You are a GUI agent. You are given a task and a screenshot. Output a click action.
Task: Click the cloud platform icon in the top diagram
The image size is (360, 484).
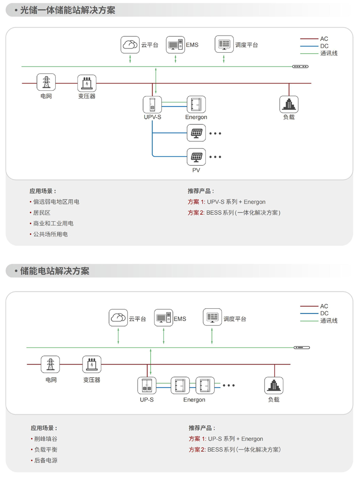click(130, 45)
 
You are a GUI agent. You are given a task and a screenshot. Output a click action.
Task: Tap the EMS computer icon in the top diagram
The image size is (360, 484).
click(175, 45)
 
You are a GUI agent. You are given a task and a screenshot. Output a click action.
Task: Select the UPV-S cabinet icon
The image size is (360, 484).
click(152, 105)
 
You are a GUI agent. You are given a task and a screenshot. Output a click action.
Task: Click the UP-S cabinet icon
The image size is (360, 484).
click(147, 386)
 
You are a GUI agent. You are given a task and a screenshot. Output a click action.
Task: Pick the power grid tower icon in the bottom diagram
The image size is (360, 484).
click(50, 365)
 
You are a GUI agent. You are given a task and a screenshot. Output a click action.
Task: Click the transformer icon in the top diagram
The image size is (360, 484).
click(87, 84)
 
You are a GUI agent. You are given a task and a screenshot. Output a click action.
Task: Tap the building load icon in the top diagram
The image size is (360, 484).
click(289, 105)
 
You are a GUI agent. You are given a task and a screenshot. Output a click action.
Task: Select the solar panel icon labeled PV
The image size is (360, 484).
click(196, 157)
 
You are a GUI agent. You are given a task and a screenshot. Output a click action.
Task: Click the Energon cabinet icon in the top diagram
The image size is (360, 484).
click(196, 105)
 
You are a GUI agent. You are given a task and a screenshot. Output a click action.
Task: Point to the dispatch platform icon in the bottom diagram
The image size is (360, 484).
click(212, 318)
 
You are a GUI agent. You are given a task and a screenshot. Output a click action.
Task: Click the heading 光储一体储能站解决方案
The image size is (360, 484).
click(68, 10)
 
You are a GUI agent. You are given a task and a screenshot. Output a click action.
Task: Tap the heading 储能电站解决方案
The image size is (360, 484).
click(55, 271)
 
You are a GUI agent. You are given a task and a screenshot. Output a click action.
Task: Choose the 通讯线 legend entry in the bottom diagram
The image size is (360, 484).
click(329, 320)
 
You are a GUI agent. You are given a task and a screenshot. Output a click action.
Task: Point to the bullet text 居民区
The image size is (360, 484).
click(42, 213)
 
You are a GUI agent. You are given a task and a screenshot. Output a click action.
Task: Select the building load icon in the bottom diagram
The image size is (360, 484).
click(274, 386)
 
